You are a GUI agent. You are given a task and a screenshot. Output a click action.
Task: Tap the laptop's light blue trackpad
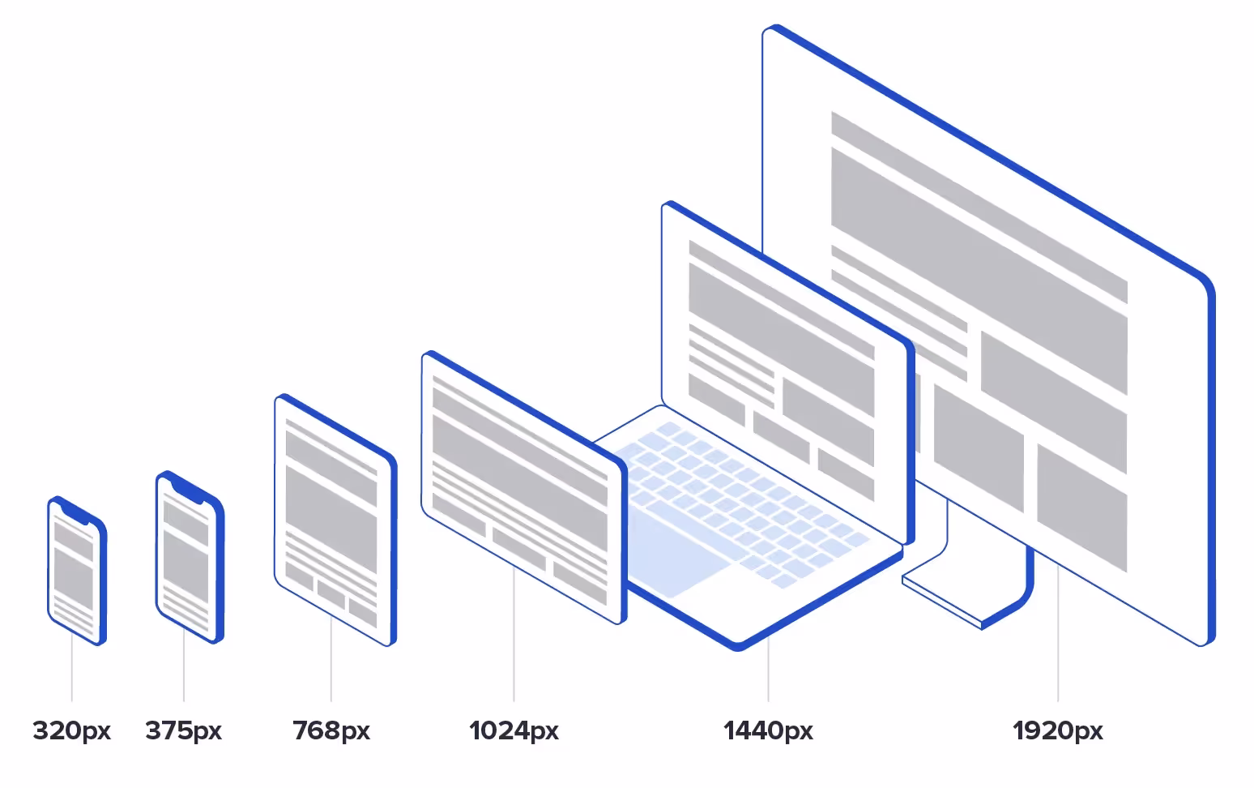coord(676,551)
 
